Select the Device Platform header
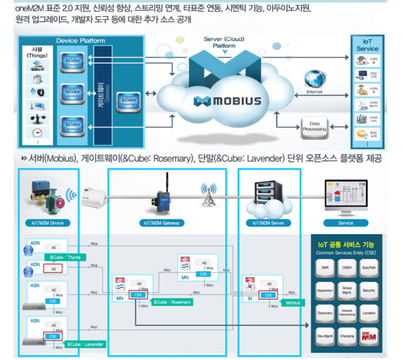[80, 41]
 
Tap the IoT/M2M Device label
[48, 222]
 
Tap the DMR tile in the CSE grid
[325, 267]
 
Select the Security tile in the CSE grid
[368, 290]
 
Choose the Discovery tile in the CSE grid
[325, 313]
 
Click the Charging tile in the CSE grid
[347, 336]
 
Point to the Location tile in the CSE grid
[368, 313]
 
